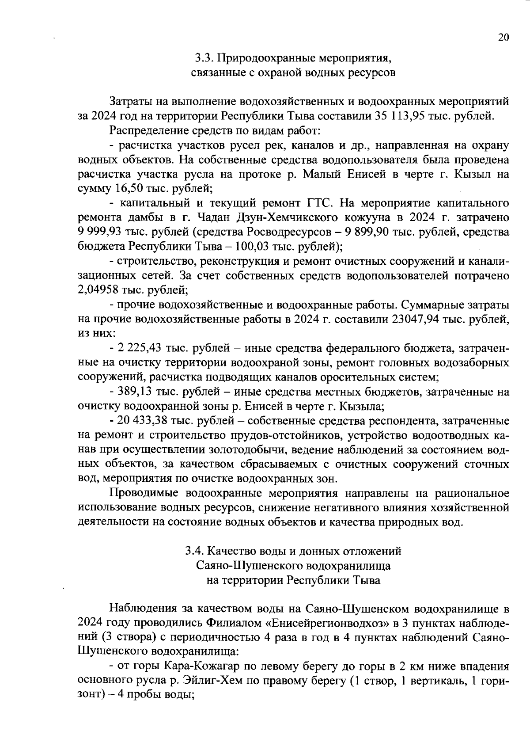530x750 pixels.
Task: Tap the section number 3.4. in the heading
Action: pos(195,551)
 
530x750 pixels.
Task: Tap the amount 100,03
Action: pos(253,246)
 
